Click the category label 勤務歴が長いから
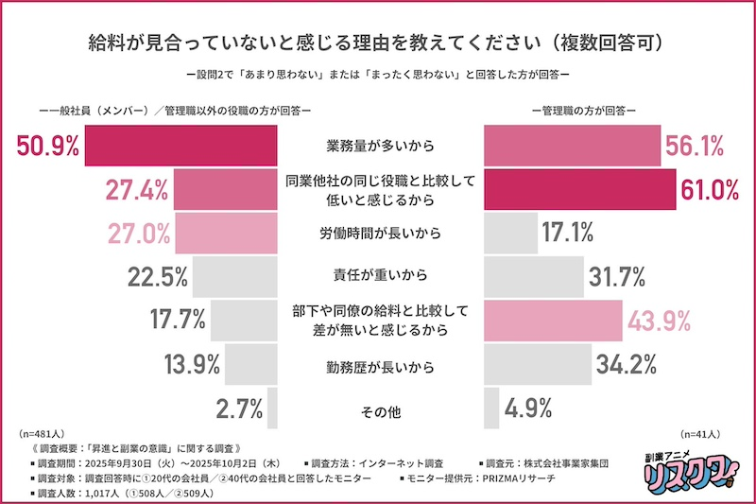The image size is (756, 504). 379,363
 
